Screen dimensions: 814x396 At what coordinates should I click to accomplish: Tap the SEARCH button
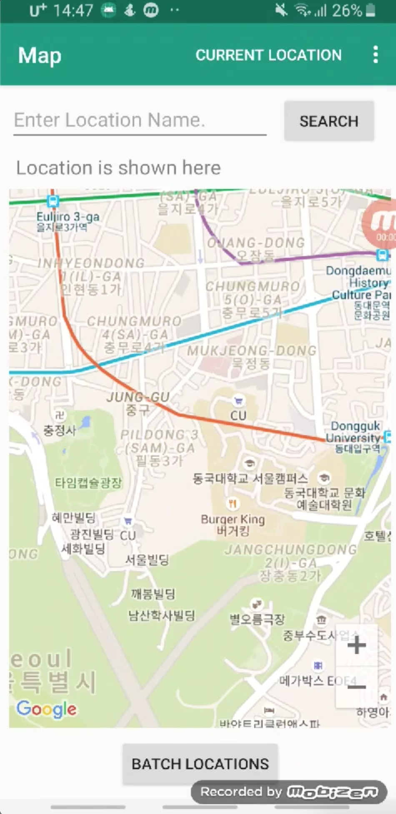[329, 121]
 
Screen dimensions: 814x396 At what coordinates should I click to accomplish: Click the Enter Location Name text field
[140, 120]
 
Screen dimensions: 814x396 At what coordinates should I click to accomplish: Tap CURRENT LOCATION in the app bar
[268, 55]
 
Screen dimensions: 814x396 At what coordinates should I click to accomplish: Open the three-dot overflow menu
[376, 55]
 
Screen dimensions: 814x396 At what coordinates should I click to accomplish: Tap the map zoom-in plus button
[357, 645]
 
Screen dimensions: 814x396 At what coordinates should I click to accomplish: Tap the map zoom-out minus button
[357, 687]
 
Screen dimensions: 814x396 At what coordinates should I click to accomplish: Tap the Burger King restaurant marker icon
[233, 504]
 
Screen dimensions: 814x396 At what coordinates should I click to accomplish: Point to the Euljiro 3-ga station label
[68, 221]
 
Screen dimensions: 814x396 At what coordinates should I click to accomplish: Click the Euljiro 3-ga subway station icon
[53, 201]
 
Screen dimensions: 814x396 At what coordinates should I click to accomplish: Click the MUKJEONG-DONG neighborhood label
[252, 356]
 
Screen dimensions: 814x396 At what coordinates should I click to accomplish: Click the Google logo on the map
[46, 709]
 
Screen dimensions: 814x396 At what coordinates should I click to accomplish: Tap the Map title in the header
[40, 55]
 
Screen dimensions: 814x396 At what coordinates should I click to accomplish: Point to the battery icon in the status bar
[370, 10]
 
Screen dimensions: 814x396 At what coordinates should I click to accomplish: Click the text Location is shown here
[118, 168]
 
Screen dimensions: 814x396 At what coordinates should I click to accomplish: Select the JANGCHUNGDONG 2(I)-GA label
[291, 562]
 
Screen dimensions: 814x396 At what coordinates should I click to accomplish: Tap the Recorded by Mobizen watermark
[289, 792]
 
